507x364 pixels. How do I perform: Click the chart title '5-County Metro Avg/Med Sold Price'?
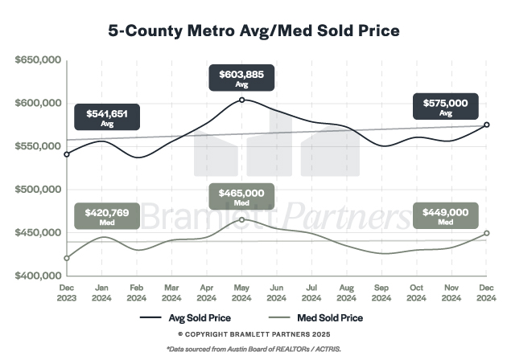(253, 31)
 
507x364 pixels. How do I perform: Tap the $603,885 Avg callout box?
(241, 79)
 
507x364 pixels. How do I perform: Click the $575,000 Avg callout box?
(445, 107)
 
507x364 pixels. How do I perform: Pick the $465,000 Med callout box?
(241, 197)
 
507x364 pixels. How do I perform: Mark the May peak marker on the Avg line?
(241, 100)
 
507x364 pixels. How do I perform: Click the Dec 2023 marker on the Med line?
(66, 258)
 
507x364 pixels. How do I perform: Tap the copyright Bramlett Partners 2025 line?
(253, 333)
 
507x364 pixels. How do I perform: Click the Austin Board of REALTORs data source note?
(253, 350)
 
